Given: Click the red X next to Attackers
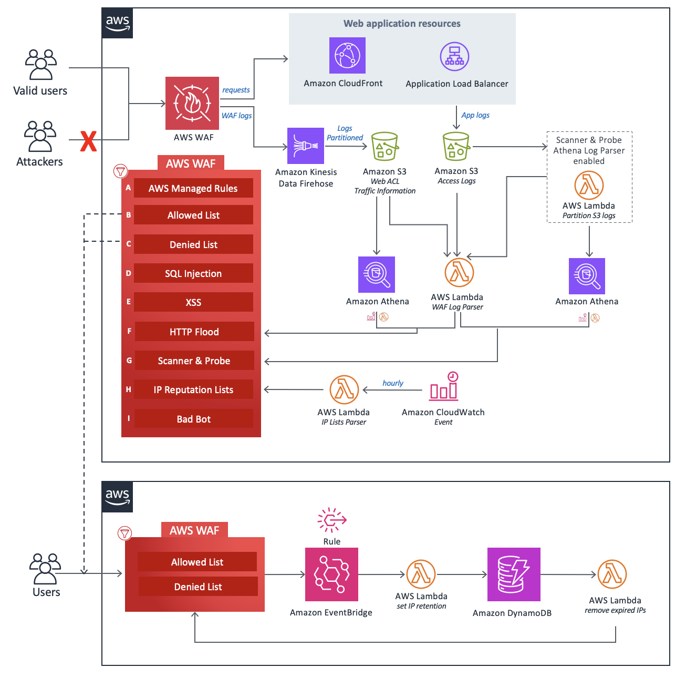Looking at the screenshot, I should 88,141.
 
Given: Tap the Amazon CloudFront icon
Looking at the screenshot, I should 347,55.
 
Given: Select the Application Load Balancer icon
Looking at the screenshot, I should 454,57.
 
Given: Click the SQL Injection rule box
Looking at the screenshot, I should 193,273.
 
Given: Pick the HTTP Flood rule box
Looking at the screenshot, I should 194,332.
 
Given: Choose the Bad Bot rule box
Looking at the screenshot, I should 193,419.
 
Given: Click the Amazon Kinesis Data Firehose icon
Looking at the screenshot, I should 306,146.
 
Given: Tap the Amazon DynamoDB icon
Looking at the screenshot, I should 514,574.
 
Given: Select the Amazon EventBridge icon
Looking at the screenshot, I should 331,574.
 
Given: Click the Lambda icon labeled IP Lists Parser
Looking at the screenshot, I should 344,389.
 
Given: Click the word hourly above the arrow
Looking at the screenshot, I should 393,383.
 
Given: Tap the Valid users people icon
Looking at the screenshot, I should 40,65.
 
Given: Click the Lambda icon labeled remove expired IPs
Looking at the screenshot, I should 612,574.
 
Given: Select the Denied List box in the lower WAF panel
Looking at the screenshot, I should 198,587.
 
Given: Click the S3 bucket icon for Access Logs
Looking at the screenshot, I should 456,146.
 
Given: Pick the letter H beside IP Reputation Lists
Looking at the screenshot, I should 128,389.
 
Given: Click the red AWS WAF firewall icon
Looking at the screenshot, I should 192,103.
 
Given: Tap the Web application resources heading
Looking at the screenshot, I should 402,24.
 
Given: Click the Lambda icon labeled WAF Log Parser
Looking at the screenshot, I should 459,272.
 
